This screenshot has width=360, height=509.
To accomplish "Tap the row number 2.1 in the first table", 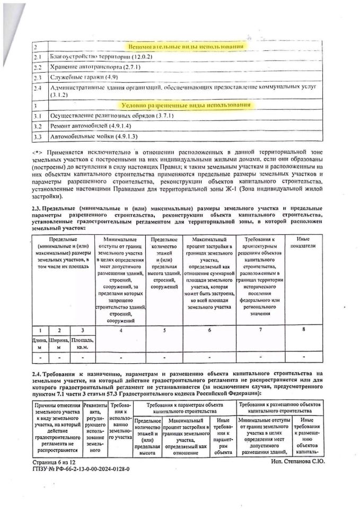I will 38,57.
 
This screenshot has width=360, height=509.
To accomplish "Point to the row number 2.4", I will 38,89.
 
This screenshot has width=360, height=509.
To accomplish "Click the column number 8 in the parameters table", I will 303,330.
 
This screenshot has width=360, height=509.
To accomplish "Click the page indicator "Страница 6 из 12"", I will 53,462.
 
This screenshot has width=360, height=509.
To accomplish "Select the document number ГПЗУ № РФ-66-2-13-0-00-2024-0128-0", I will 81,469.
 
